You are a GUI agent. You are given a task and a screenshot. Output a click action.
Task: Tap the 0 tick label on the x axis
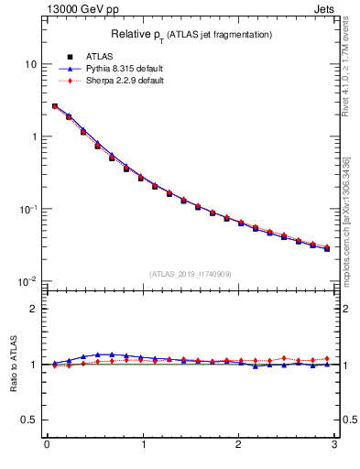coord(47,445)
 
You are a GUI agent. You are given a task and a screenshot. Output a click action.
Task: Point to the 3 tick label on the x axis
coord(334,445)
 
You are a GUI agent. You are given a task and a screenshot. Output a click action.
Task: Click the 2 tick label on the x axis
coord(238,445)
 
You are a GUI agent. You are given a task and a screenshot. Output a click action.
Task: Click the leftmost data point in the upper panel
coord(54,106)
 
